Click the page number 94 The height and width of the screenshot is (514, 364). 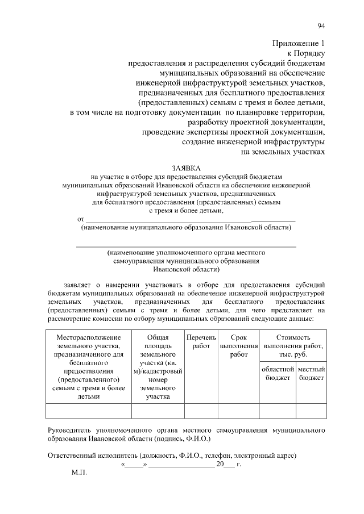tap(321, 25)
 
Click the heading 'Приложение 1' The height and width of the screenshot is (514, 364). tap(298, 43)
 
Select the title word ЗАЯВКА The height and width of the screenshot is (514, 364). tap(187, 168)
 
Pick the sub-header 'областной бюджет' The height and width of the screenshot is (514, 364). tap(278, 374)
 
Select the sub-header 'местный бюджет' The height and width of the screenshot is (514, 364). tap(311, 374)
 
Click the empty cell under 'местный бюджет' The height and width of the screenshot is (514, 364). tap(311, 411)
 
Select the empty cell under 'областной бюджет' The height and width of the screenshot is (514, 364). tap(278, 411)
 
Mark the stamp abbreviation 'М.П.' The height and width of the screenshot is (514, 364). tap(78, 473)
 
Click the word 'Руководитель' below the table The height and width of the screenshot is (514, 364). tap(69, 431)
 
